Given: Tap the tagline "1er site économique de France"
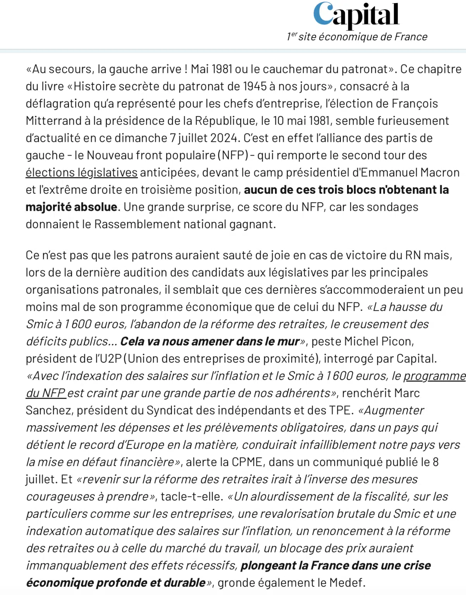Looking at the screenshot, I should click(x=357, y=37).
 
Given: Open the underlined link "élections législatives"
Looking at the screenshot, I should click(x=81, y=172).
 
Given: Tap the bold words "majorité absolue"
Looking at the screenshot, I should click(x=71, y=207).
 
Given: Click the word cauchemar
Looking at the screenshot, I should click(x=287, y=69).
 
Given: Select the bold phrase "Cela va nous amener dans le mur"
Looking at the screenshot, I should click(x=210, y=341).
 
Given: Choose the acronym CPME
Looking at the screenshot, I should click(x=248, y=462).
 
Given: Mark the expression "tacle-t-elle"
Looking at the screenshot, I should click(x=191, y=497).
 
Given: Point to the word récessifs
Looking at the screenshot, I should click(x=211, y=566).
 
